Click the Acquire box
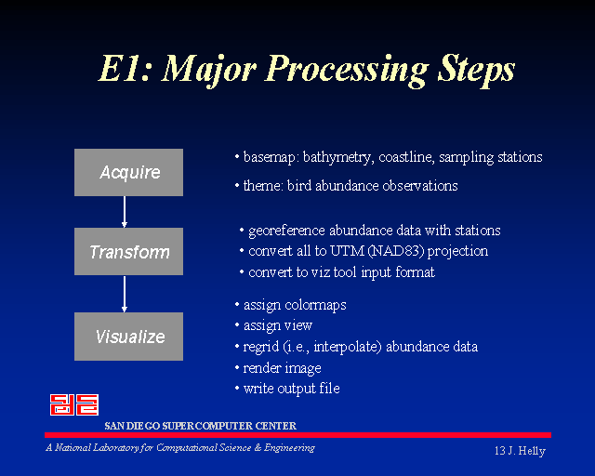click(x=128, y=172)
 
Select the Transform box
click(x=128, y=251)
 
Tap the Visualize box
click(x=128, y=337)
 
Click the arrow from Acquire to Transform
click(x=125, y=212)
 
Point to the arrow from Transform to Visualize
click(x=125, y=294)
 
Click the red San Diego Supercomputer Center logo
click(x=74, y=404)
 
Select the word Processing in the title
click(x=348, y=70)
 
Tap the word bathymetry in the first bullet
click(x=337, y=157)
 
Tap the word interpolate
click(x=347, y=347)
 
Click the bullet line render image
click(x=282, y=368)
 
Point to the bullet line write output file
click(x=291, y=389)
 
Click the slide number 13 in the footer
click(x=499, y=451)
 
